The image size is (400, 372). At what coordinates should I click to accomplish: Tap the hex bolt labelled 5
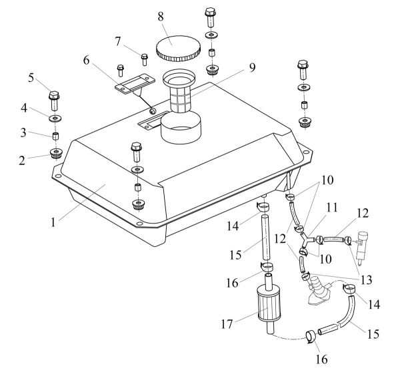coord(55,100)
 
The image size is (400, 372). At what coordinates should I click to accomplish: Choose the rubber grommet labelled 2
coord(54,156)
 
